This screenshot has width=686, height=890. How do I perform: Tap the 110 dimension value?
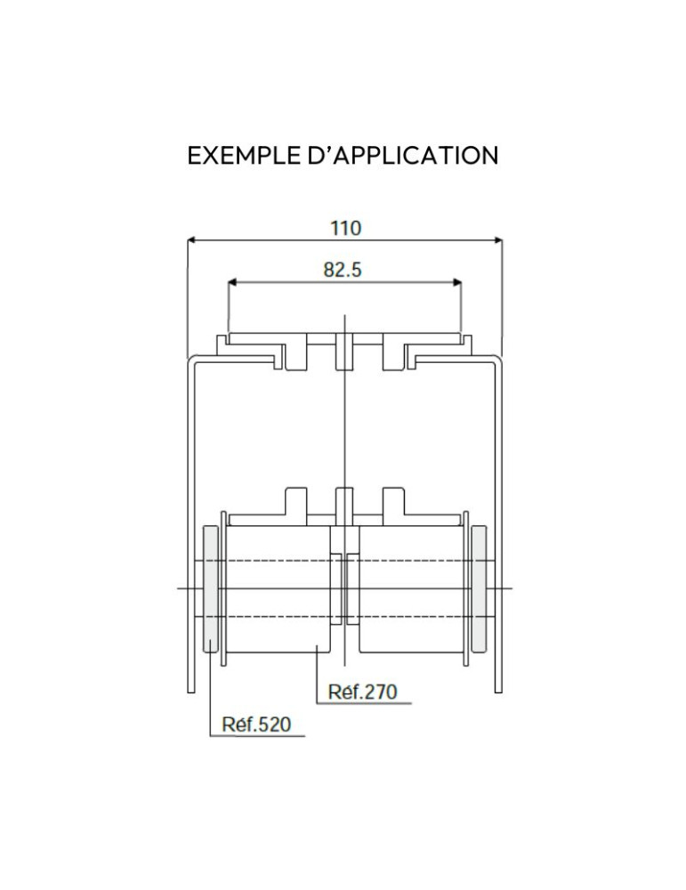(345, 228)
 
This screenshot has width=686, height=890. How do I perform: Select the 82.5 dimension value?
(343, 270)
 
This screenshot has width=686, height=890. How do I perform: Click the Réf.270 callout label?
(363, 692)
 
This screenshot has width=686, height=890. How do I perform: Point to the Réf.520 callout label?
(256, 724)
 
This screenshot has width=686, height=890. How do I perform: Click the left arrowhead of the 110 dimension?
(192, 240)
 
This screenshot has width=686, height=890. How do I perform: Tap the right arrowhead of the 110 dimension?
(497, 240)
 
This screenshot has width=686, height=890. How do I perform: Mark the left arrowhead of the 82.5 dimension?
(232, 281)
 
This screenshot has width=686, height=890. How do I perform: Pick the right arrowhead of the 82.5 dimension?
(456, 281)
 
